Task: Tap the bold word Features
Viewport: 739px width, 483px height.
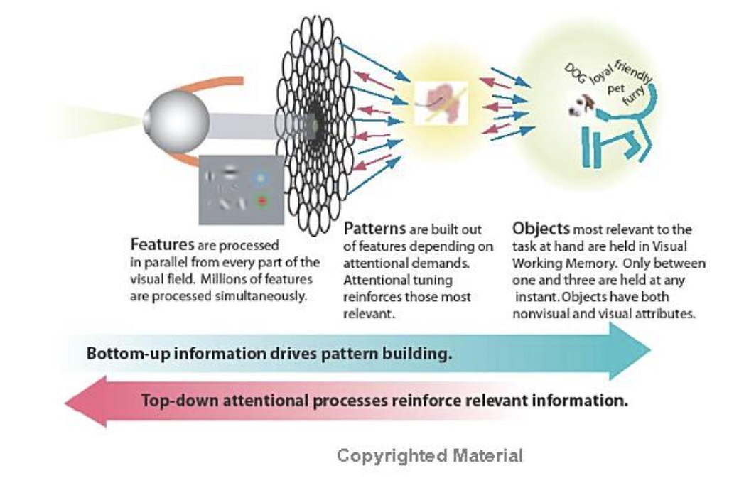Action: point(156,244)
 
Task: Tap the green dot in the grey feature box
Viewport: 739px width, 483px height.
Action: point(262,202)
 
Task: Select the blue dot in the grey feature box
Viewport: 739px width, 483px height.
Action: point(262,177)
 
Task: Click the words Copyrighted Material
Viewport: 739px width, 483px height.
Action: point(430,455)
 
